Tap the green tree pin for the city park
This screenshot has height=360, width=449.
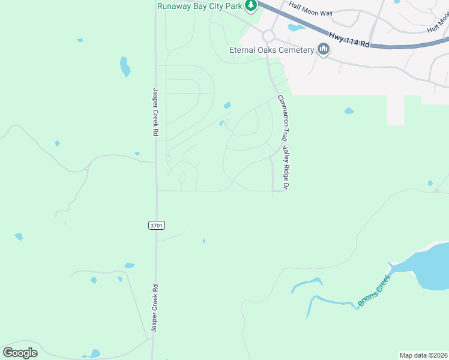(252, 6)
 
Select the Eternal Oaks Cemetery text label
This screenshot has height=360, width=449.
(272, 50)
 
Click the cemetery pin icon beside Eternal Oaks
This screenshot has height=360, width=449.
(324, 49)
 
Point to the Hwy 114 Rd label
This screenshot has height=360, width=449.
(349, 38)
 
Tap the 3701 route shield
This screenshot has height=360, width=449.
(157, 225)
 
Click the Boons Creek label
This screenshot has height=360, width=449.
(375, 291)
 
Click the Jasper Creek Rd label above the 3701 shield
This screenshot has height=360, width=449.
(155, 112)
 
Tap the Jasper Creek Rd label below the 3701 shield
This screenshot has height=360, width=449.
(155, 309)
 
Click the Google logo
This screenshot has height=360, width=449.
(20, 352)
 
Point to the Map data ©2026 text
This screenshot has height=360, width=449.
(423, 355)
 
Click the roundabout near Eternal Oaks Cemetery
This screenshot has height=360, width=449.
(268, 36)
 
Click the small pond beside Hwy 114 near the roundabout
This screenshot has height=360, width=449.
(296, 27)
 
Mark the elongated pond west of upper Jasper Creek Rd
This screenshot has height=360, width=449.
(125, 67)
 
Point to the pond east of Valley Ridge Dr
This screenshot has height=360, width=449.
(349, 110)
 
